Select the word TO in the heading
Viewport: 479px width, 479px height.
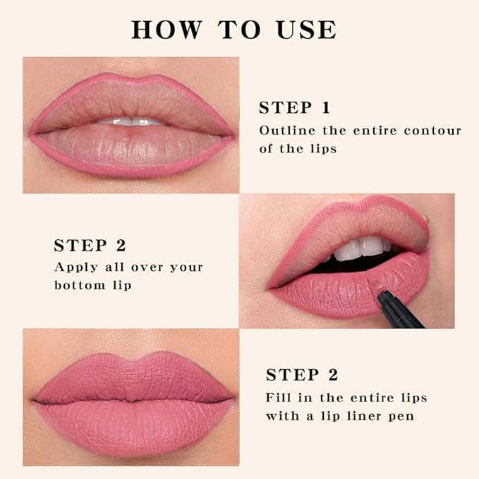[237, 30]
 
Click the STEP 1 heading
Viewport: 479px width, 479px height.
[294, 108]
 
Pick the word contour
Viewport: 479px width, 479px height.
[432, 131]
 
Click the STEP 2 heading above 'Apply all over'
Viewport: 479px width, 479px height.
[90, 245]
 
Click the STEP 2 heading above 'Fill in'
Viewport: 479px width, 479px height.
[301, 375]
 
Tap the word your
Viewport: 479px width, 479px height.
[185, 267]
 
